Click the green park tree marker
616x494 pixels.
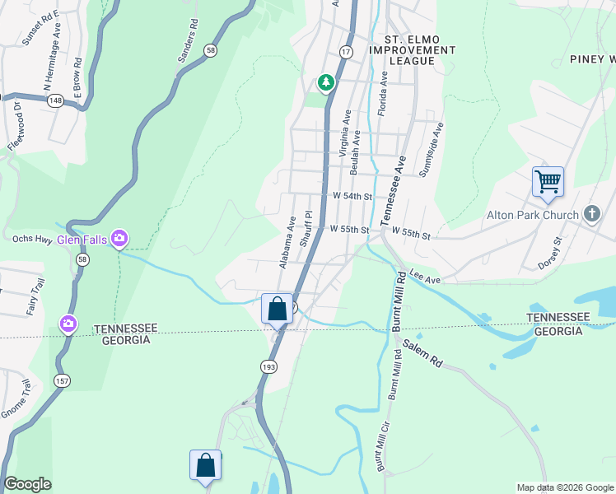326,82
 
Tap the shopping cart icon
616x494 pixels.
548,180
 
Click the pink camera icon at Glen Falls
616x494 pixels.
119,239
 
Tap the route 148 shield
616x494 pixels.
56,100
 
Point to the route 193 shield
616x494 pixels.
268,366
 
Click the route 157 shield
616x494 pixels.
63,380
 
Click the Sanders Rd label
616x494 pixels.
189,43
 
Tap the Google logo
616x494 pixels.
27,484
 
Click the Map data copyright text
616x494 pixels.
564,487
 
